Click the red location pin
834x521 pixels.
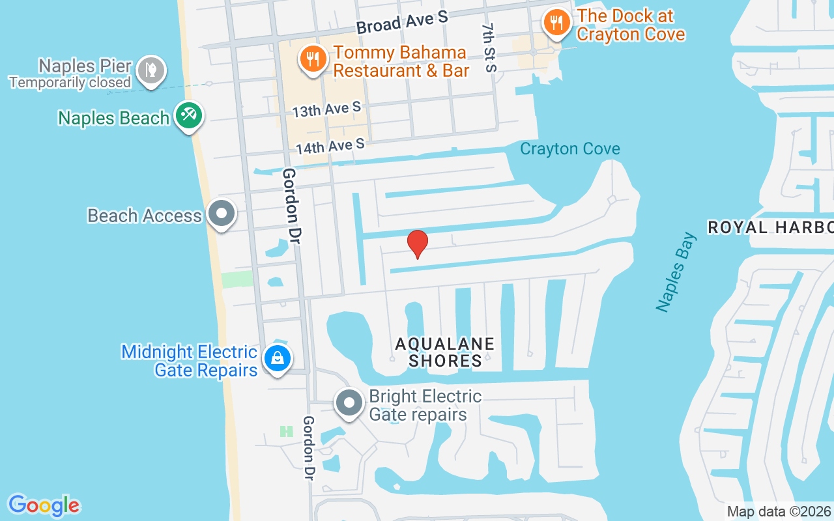417,244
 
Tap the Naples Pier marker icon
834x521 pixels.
151,70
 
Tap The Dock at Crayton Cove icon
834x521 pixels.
555,23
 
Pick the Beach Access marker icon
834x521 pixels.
222,214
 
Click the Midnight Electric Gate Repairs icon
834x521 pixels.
278,359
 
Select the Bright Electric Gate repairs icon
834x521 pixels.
349,403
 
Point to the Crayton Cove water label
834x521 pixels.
569,149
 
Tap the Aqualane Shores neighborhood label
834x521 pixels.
445,352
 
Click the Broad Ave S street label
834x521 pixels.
402,22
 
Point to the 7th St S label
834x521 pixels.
489,48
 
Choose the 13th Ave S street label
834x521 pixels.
326,109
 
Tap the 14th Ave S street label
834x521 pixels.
330,147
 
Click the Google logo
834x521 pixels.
44,505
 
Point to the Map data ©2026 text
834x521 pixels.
779,511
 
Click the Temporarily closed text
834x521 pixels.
70,83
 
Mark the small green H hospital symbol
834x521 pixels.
286,431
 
